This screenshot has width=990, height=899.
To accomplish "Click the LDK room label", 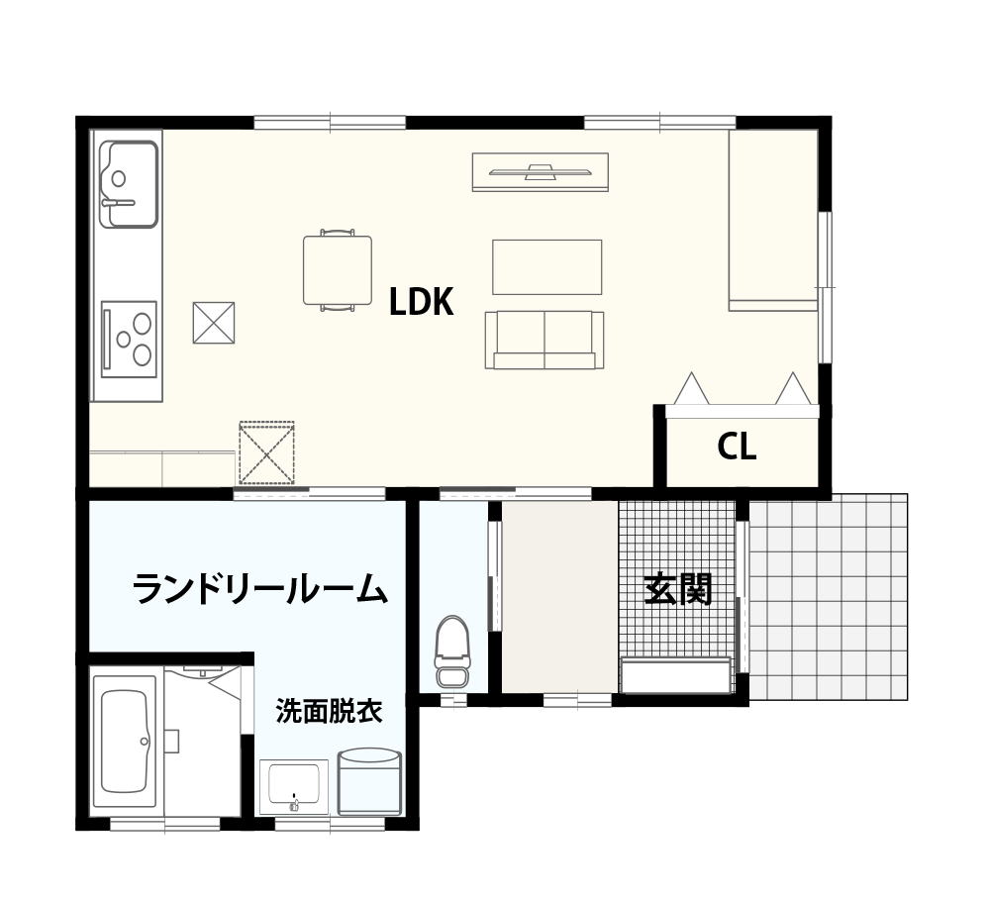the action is pos(421,302).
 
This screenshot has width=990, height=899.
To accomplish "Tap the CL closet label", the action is pos(737,447).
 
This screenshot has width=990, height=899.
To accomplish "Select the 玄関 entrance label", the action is pos(677,588).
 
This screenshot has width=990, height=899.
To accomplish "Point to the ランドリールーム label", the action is pos(259,588).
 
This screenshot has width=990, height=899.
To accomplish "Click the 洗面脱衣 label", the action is pos(329,712).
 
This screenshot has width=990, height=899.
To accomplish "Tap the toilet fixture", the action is pos(451,652).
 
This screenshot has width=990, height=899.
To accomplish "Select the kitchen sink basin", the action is pos(130,184).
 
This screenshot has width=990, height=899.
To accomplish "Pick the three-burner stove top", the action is pos(129,339).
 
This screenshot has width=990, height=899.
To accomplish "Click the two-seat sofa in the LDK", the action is pos(544,340).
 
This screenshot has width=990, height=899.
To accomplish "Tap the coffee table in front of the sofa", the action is pos(546,267).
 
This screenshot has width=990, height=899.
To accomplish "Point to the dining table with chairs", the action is pos(338,270).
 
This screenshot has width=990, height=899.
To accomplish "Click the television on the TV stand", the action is pos(541,171).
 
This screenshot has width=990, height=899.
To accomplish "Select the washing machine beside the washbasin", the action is pos(369,781).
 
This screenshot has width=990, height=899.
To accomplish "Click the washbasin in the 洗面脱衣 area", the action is pos(294,786).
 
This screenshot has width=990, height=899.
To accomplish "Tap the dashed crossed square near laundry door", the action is pos(266,453).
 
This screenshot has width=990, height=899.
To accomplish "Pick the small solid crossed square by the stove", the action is pos(214,323).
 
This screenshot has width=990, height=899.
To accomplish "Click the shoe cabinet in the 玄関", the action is pos(675,675).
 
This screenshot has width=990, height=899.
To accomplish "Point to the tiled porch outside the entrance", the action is pos(828,597).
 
